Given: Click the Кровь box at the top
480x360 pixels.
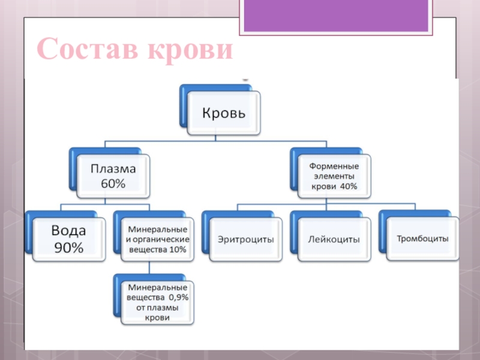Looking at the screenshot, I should point(223,113).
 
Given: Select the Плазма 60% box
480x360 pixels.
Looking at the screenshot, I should point(113,176).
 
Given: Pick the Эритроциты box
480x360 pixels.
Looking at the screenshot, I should point(245,239).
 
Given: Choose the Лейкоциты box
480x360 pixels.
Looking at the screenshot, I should point(334,239).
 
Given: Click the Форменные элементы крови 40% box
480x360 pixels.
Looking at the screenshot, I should point(334,176).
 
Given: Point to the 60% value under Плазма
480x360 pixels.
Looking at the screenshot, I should point(113,184).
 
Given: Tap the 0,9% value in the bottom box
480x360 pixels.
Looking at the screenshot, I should point(177,297).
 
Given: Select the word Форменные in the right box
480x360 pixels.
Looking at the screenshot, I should point(334,166).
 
